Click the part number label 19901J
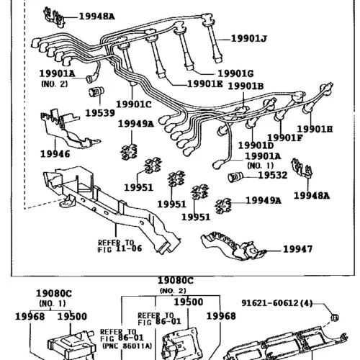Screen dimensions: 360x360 tap(249, 39)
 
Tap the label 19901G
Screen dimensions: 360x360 tap(235, 73)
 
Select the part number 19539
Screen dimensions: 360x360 tap(100, 113)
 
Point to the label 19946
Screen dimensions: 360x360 tap(55, 154)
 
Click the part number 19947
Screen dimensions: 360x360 tap(298, 249)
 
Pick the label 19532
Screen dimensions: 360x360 tap(273, 175)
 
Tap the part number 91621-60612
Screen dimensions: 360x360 tap(269, 303)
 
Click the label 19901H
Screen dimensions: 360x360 tap(315, 130)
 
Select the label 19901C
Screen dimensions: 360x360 tap(134, 104)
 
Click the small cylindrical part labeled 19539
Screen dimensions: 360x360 tap(96, 91)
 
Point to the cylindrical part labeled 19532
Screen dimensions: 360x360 tap(235, 177)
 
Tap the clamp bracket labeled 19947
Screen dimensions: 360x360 tap(233, 246)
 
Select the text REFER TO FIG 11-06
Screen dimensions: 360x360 tap(120, 246)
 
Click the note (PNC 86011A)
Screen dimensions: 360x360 tap(127, 346)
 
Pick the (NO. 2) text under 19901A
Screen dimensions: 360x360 tap(55, 84)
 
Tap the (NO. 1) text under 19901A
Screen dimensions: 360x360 tap(261, 166)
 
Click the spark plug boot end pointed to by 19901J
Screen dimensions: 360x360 tap(218, 58)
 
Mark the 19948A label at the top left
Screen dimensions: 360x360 tap(96, 17)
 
